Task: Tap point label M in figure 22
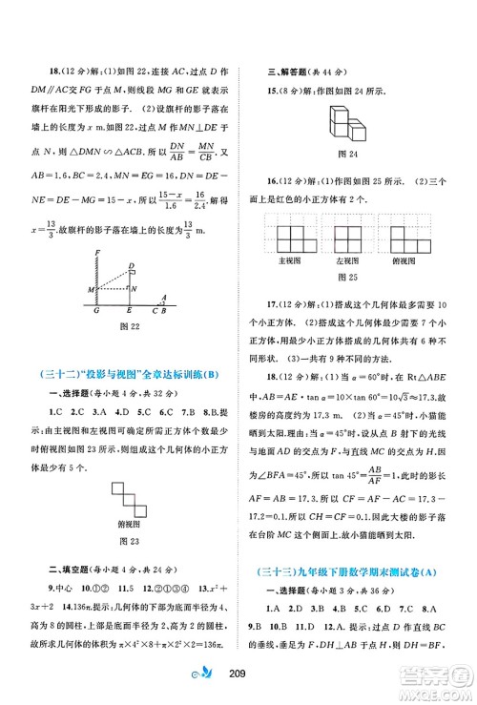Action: point(90,288)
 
